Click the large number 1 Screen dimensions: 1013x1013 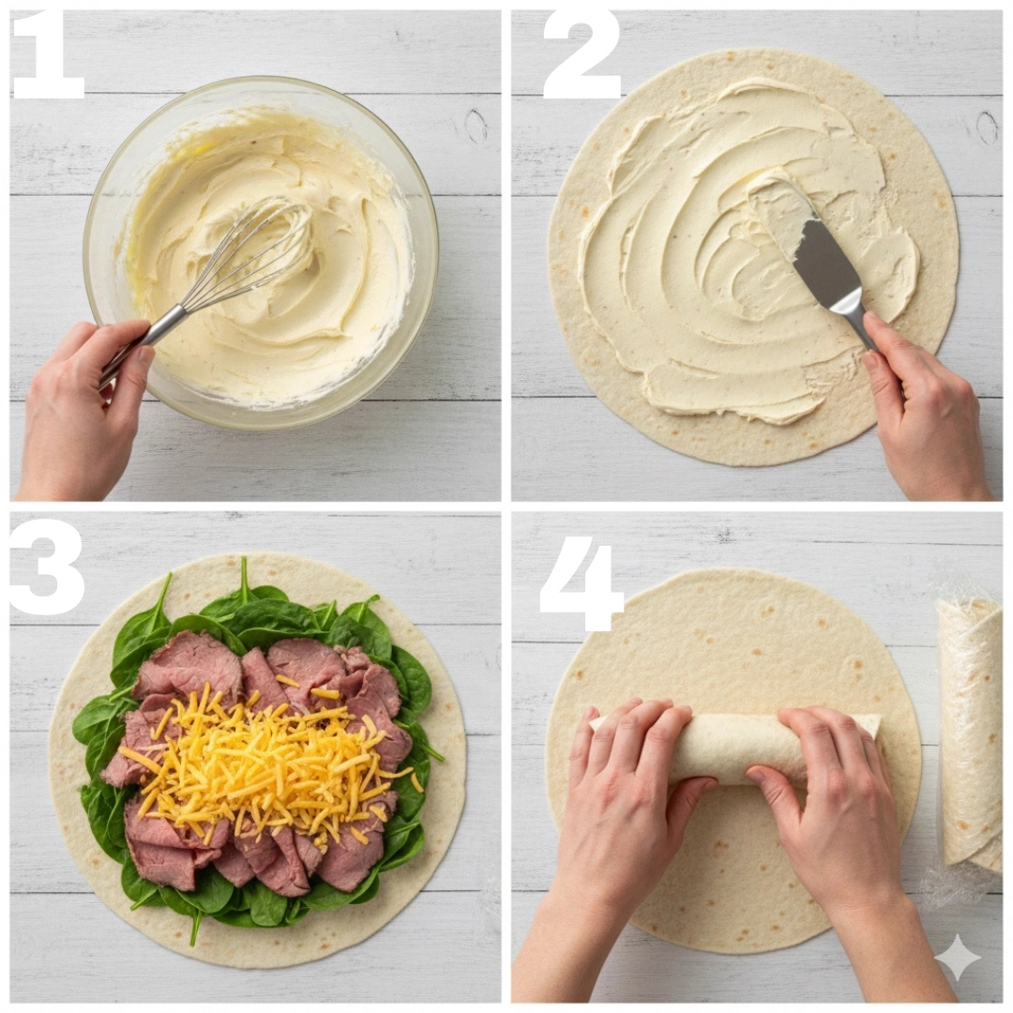(49, 57)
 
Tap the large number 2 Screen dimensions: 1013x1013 (582, 57)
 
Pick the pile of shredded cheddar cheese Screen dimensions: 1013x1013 (265, 763)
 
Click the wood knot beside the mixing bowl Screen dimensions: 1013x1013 (475, 126)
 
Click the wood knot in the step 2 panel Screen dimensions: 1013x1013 (987, 128)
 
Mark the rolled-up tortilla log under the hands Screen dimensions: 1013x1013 (736, 749)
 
